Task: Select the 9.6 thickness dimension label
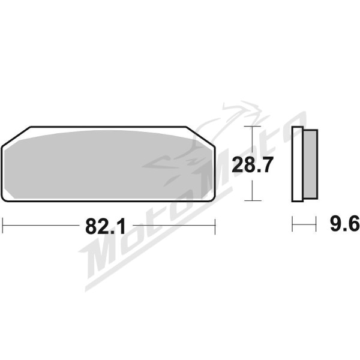click(344, 225)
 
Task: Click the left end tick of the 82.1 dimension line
click(3, 226)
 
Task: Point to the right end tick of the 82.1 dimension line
click(215, 226)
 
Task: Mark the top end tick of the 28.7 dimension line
click(253, 127)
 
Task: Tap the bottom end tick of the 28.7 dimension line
click(253, 200)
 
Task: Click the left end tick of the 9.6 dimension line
click(292, 226)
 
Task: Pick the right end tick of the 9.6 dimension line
click(316, 226)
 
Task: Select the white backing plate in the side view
click(298, 164)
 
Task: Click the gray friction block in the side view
click(309, 164)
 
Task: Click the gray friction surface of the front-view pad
click(108, 165)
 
